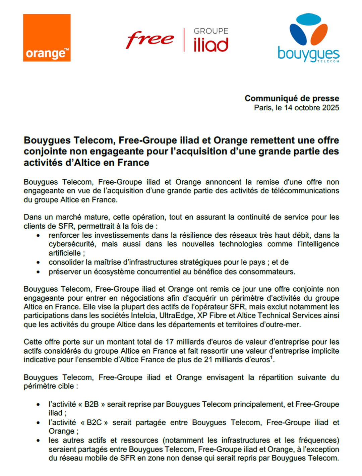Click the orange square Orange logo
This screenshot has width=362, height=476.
point(47,38)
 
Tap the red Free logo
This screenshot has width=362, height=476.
point(150,40)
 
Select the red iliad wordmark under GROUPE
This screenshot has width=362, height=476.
point(211,45)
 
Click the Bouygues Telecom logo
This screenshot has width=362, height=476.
point(308,39)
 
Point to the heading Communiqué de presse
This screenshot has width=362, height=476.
point(292,98)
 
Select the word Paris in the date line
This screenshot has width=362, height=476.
point(263,108)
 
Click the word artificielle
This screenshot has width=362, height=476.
point(64,253)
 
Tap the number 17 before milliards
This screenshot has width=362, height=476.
point(169,342)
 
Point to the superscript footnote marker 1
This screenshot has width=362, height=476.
point(271,357)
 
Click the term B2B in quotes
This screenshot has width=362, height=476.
point(92,404)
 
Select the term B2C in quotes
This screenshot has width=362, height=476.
point(94,422)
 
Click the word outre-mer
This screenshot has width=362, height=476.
point(284,324)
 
